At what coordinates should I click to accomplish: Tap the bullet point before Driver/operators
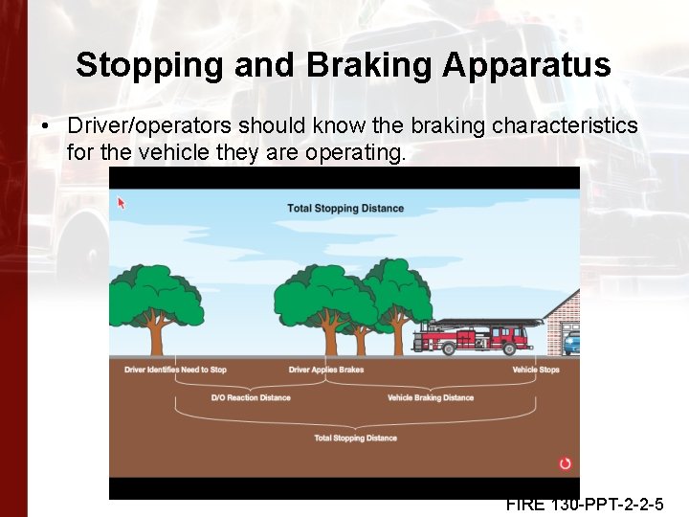[45, 126]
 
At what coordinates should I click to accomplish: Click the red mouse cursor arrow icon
[122, 202]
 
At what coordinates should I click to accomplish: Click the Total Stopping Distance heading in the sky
[345, 209]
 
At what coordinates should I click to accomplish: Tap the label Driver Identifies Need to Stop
[175, 370]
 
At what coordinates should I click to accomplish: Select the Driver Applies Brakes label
[326, 370]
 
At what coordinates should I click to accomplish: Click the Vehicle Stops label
[536, 370]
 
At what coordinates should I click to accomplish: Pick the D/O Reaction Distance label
[251, 397]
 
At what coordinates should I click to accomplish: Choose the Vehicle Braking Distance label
[431, 397]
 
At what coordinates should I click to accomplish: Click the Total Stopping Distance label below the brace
[355, 438]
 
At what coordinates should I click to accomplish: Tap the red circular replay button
[565, 464]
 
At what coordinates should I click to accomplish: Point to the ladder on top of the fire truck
[483, 322]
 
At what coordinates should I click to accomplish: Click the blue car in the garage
[571, 342]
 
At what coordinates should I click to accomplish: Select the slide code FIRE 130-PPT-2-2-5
[585, 505]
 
